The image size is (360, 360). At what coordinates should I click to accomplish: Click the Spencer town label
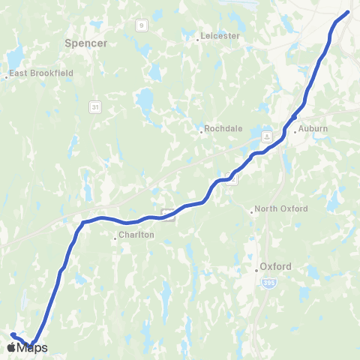[x=86, y=43]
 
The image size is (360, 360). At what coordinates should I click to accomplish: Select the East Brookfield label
[x=34, y=74]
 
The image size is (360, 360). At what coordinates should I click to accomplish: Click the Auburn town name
[x=314, y=129]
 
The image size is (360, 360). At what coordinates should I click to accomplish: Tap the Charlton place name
[x=137, y=235]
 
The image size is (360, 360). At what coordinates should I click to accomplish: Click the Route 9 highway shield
[x=141, y=25]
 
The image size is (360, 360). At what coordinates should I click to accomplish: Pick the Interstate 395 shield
[x=269, y=283]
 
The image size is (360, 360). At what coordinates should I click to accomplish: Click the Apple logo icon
[x=11, y=346]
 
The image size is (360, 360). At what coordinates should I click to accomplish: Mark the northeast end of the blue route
[x=348, y=11]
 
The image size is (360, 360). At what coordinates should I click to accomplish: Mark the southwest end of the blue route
[x=13, y=334]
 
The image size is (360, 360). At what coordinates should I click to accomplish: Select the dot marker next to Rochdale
[x=202, y=132]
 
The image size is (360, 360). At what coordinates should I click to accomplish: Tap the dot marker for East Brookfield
[x=7, y=76]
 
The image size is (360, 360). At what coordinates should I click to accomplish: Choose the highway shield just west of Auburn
[x=267, y=137]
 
